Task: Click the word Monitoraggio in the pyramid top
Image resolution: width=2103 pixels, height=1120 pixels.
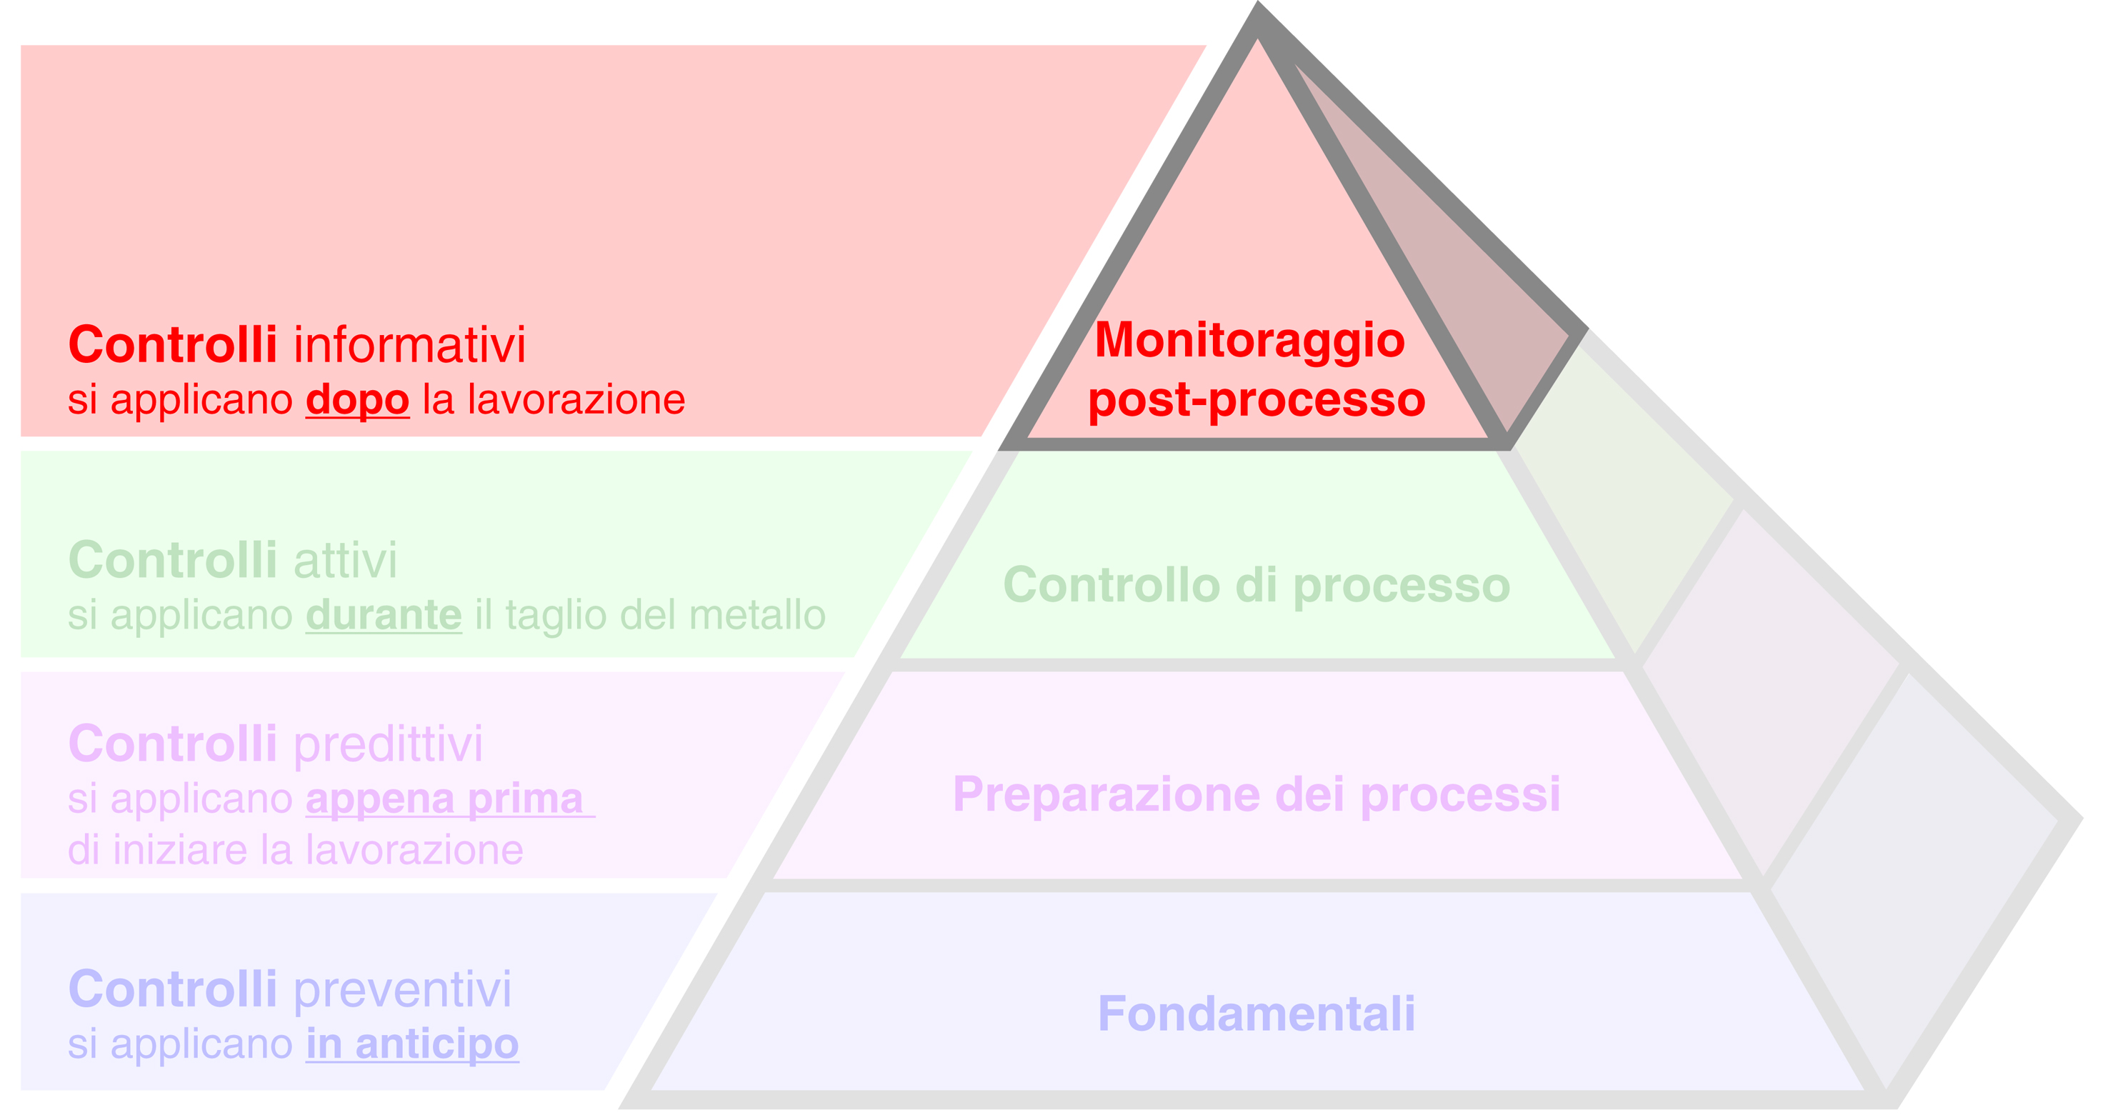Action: click(x=1249, y=341)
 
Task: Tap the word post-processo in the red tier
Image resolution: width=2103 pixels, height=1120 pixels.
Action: click(x=1257, y=400)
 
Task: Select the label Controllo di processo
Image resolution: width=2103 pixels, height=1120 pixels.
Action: click(x=1257, y=585)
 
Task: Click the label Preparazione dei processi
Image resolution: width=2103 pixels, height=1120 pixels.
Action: click(x=1257, y=794)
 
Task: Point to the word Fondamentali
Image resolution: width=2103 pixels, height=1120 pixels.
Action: click(x=1257, y=1014)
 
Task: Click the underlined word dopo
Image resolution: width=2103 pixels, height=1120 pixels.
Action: click(x=358, y=401)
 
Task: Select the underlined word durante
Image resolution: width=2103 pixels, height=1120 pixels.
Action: click(x=384, y=616)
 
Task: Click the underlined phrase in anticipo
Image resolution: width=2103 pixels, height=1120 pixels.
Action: click(x=412, y=1044)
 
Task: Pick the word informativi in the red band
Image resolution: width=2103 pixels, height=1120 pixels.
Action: click(x=410, y=344)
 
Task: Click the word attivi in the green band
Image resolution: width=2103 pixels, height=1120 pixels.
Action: click(x=345, y=561)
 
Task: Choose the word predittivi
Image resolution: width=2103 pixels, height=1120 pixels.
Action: click(x=388, y=744)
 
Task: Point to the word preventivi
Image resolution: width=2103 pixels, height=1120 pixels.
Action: click(x=402, y=989)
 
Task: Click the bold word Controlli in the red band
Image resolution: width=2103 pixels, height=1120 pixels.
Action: click(x=173, y=344)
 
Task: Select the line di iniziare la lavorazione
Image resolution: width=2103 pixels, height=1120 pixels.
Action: click(x=296, y=850)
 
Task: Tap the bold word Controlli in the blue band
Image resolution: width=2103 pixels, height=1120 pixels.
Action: click(x=173, y=989)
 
